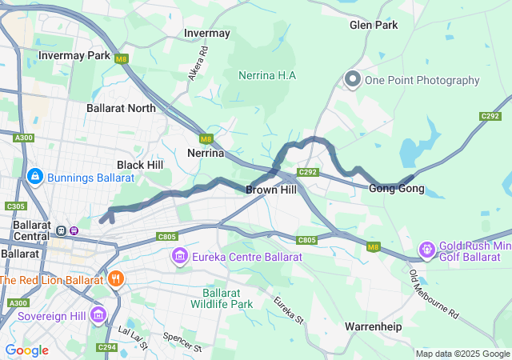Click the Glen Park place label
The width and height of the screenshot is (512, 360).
click(374, 25)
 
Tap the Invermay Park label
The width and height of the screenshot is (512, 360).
click(74, 56)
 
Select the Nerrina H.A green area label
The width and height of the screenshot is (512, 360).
click(267, 75)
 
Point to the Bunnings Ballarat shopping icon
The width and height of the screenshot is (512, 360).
click(34, 175)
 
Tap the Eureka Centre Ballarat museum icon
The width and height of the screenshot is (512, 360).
click(178, 256)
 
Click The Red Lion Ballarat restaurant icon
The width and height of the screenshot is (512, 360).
click(116, 279)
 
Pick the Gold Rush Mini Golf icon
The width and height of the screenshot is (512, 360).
click(427, 250)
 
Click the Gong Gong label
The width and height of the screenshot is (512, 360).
click(396, 189)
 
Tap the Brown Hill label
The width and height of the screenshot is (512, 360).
click(270, 190)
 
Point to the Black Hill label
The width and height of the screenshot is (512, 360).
click(140, 164)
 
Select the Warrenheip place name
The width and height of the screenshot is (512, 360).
click(373, 327)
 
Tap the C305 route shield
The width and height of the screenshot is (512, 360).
click(15, 206)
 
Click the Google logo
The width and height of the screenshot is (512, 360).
click(26, 350)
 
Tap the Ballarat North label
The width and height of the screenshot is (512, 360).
click(121, 107)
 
